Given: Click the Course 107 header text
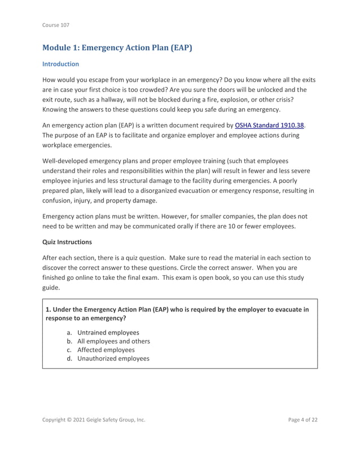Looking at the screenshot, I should coord(55,25).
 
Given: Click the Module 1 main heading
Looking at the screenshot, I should coord(117,47).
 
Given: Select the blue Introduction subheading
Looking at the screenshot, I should coord(61,64).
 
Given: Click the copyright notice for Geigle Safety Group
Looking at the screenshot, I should coord(94,436).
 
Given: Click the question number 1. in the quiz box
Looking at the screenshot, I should coord(49,309).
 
